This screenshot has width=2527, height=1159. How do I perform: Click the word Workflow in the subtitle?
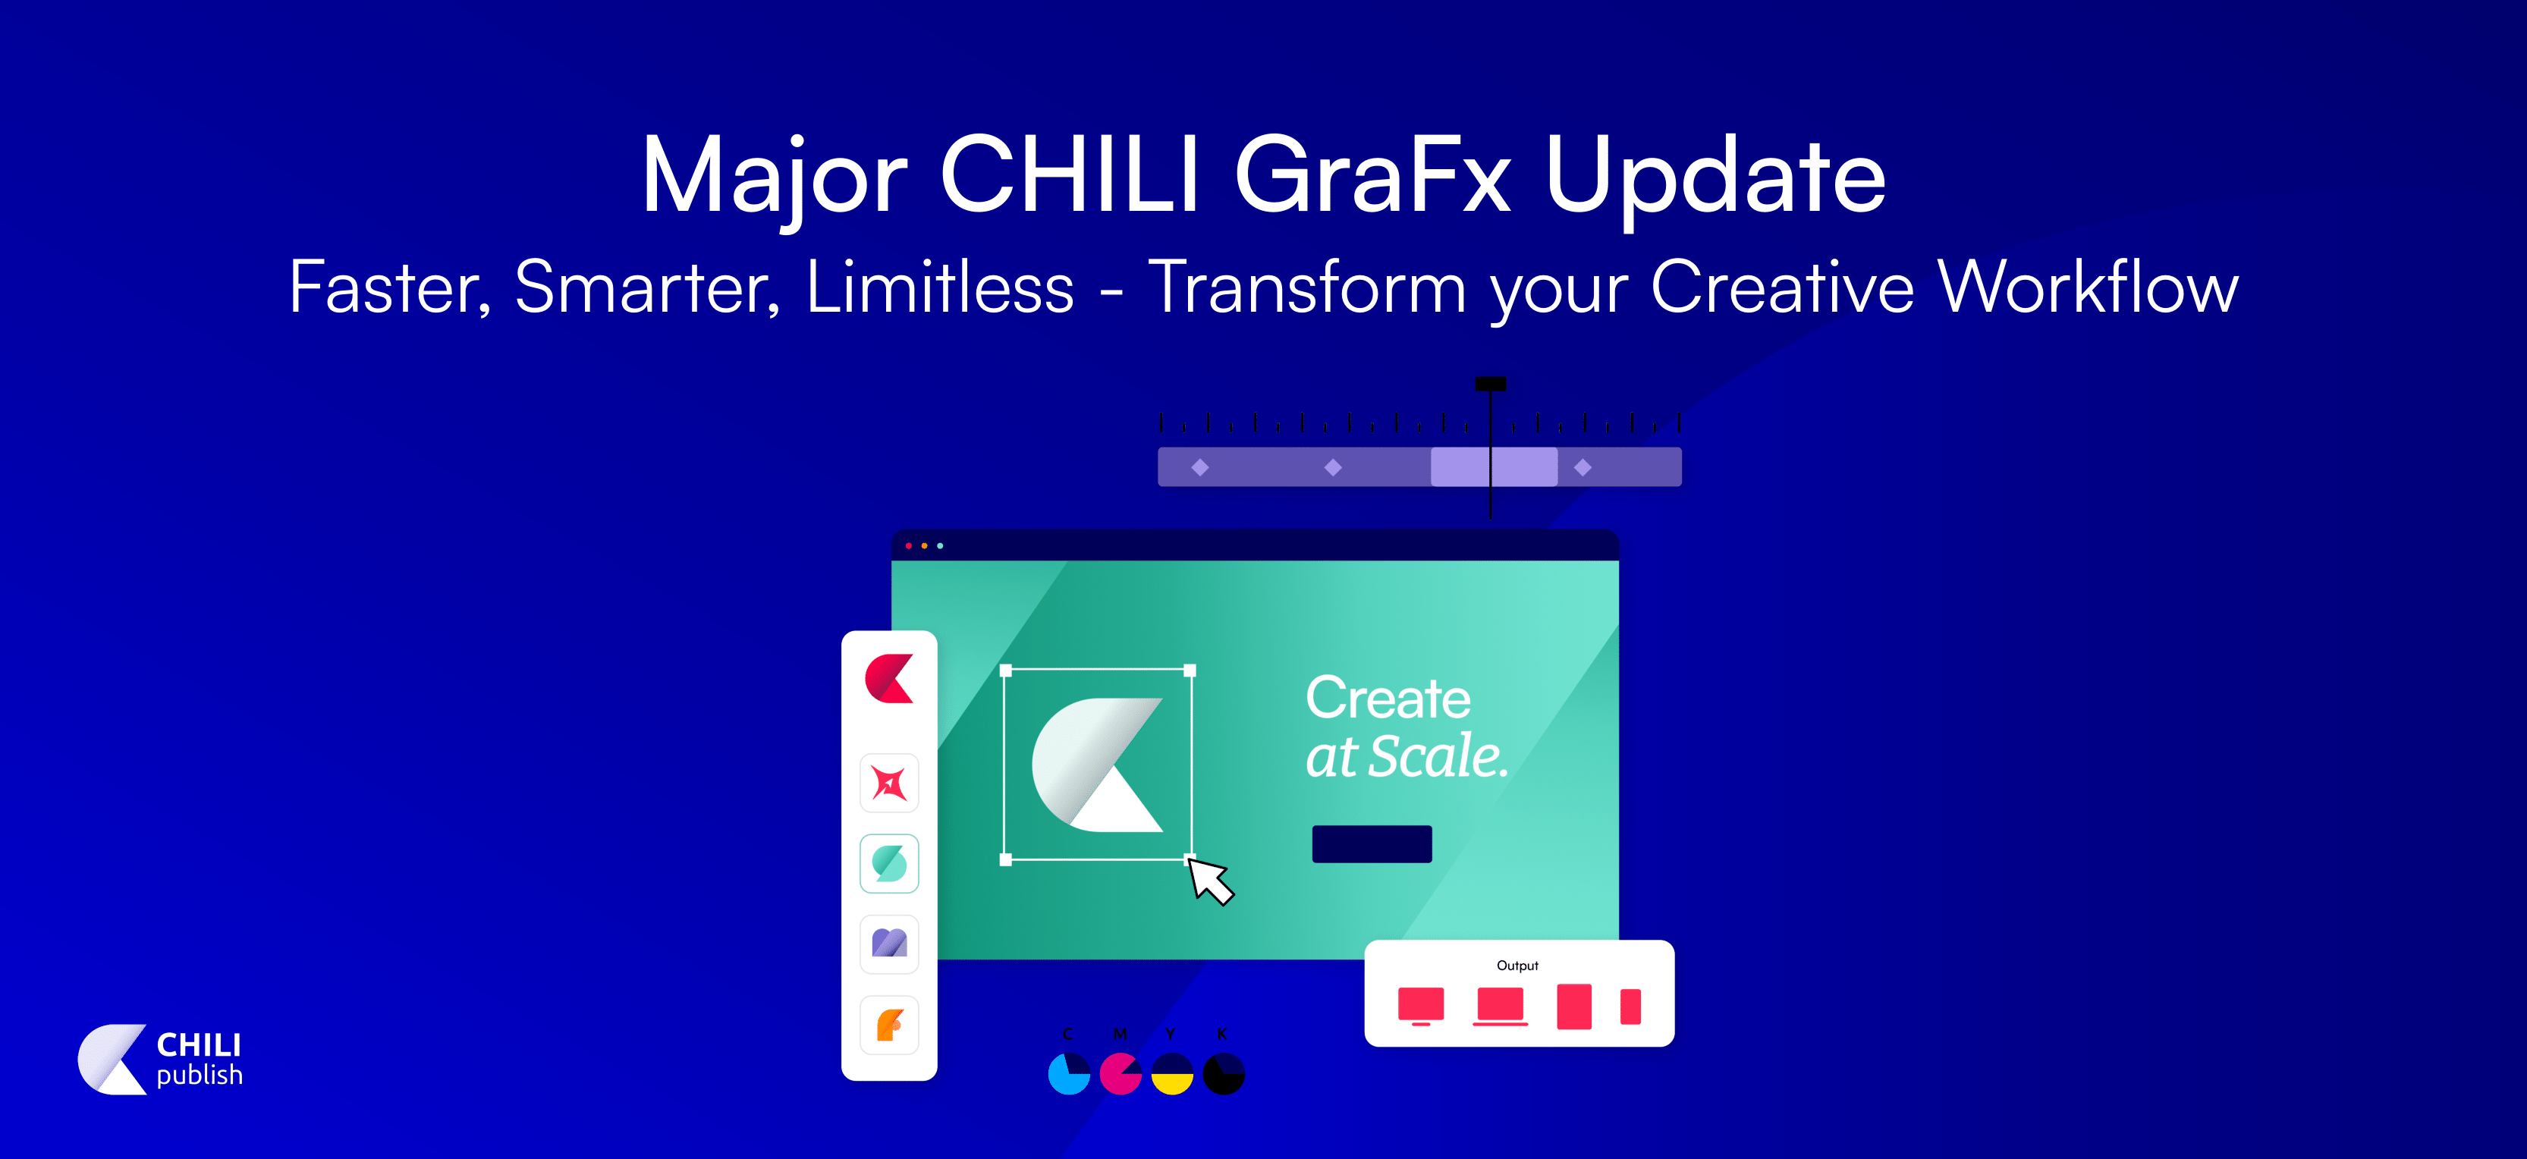tap(2088, 287)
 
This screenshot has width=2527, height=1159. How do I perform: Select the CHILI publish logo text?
tap(199, 1059)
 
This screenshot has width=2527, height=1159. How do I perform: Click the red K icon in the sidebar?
tap(889, 679)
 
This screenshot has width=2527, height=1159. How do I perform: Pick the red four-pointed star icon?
tap(889, 784)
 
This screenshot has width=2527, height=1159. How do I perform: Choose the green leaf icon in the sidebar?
tap(889, 864)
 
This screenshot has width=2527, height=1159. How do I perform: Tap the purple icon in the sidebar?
tap(889, 944)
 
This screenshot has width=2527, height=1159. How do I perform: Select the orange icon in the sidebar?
tap(889, 1025)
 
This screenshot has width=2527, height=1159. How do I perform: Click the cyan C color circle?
tap(1068, 1074)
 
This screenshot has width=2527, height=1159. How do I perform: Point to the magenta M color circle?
tap(1120, 1074)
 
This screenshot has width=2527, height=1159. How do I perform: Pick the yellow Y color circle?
tap(1171, 1074)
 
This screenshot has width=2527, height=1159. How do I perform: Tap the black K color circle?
tap(1223, 1074)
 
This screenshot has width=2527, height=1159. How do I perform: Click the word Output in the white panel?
tap(1517, 966)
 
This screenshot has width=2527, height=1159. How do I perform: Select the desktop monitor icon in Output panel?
tap(1420, 1006)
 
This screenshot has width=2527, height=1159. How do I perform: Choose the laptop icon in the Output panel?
tap(1500, 1006)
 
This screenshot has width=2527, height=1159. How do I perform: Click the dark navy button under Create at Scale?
tap(1372, 844)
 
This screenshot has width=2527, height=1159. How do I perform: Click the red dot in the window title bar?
tap(908, 545)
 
